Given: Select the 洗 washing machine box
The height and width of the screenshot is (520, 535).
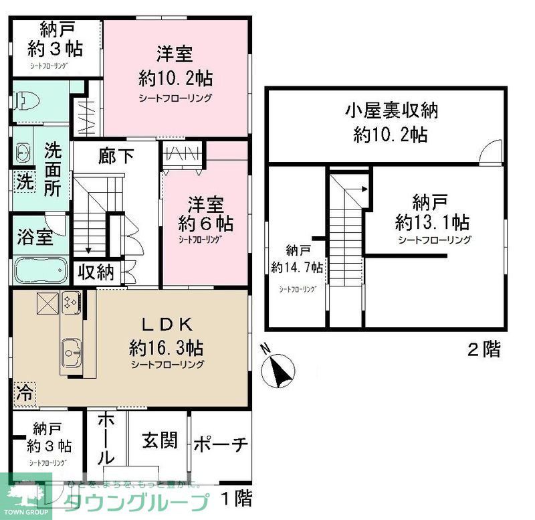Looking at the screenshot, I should coord(23,181).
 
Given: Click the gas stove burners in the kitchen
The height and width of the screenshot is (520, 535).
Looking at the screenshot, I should coord(71,302).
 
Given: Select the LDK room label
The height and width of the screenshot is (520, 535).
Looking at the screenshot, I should coord(167,325).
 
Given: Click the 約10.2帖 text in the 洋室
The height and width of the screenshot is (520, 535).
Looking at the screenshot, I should coord(175,78).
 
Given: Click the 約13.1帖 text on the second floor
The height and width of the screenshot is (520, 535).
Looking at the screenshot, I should coord(431,221).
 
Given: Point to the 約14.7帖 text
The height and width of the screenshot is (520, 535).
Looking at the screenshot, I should coord(298,266).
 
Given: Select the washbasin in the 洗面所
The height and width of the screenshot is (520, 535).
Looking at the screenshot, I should coord(23,154).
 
